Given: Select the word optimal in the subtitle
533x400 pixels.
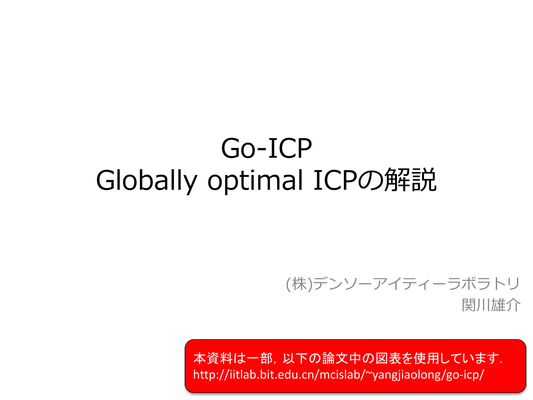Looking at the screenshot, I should point(255,180).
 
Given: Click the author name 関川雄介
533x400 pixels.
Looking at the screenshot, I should point(491,305).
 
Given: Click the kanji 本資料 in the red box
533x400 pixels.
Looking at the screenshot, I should point(213,358).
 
